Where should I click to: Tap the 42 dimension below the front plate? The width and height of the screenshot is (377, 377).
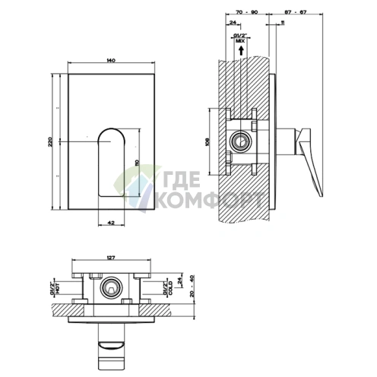[x=112, y=222]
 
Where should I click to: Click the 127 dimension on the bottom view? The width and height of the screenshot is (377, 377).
[x=111, y=258]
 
